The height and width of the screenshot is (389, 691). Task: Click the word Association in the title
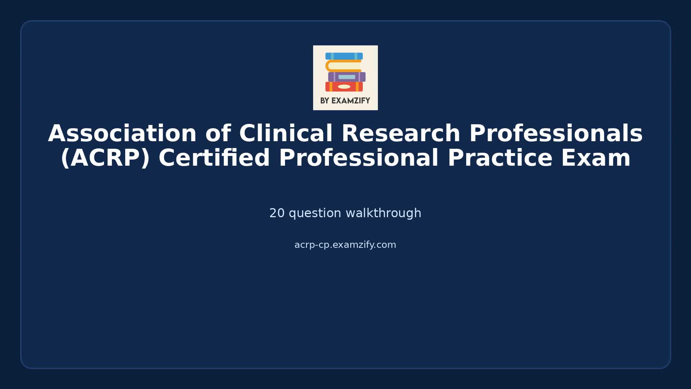pyautogui.click(x=122, y=134)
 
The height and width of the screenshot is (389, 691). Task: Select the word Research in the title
pyautogui.click(x=401, y=134)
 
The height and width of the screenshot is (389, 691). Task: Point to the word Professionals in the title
pyautogui.click(x=556, y=134)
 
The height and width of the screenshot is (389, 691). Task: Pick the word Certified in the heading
pyautogui.click(x=214, y=158)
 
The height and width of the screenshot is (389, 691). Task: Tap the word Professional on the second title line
pyautogui.click(x=358, y=158)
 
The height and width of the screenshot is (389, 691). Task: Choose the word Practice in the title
pyautogui.click(x=500, y=158)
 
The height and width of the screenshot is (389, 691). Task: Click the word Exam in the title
pyautogui.click(x=596, y=158)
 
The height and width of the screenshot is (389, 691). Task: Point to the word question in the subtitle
pyautogui.click(x=315, y=213)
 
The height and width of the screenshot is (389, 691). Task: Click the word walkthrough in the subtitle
pyautogui.click(x=383, y=213)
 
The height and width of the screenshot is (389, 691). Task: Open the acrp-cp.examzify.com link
pyautogui.click(x=345, y=245)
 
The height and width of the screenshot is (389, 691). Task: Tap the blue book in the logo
pyautogui.click(x=344, y=56)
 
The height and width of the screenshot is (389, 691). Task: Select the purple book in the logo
pyautogui.click(x=347, y=77)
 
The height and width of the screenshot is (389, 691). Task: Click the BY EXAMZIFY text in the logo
pyautogui.click(x=345, y=101)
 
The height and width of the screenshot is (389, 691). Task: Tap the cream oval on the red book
pyautogui.click(x=344, y=87)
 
